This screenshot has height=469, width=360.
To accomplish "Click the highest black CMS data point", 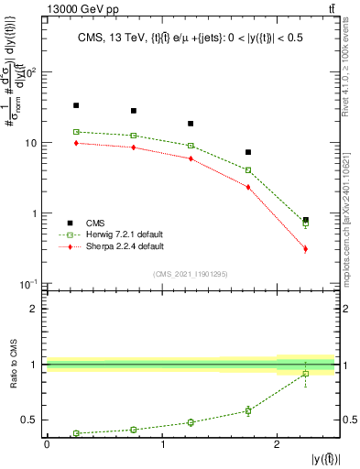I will click(x=76, y=105).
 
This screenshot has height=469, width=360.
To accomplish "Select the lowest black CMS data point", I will click(x=305, y=220).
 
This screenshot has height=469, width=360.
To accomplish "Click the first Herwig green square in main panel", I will click(x=76, y=132).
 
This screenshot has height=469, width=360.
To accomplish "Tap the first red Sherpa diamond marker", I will click(x=76, y=143).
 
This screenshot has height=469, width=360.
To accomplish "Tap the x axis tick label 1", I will click(x=162, y=445).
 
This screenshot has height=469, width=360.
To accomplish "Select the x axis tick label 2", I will click(x=278, y=445).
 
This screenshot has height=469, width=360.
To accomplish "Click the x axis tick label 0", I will click(x=47, y=445).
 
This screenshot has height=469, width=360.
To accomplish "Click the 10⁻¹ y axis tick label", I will click(x=28, y=284).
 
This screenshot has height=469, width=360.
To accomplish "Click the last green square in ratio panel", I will click(x=305, y=373).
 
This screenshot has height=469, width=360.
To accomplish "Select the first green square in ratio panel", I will click(x=76, y=433).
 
